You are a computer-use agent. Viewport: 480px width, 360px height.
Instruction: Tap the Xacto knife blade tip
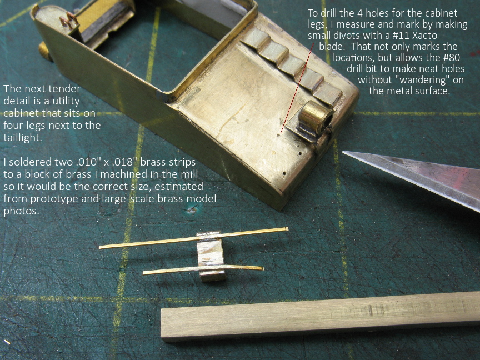click(343, 152)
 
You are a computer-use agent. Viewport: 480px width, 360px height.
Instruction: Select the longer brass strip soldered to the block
click(194, 238)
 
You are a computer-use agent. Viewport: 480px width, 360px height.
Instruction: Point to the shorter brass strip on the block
click(203, 269)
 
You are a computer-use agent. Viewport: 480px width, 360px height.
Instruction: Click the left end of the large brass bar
click(162, 324)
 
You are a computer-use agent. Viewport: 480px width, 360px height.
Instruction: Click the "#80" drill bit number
click(451, 58)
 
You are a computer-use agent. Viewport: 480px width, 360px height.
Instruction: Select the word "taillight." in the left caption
click(23, 138)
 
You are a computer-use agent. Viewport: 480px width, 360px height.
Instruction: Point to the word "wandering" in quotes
click(422, 80)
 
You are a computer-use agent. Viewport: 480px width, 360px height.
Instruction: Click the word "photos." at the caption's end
click(22, 211)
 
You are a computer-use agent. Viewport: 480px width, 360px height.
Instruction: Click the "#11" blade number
click(400, 36)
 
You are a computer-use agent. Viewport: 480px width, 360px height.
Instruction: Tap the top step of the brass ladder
click(256, 38)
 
